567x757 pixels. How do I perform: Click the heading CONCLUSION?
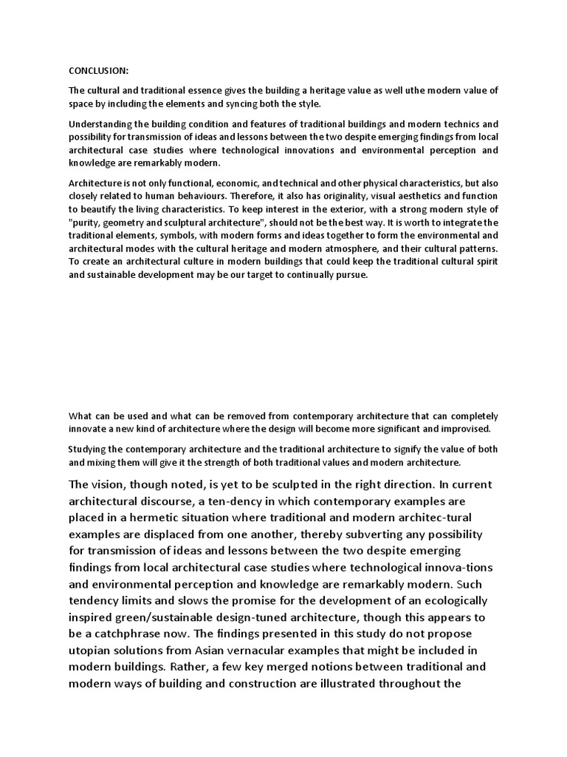pyautogui.click(x=98, y=71)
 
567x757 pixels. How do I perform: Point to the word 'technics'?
pyautogui.click(x=459, y=123)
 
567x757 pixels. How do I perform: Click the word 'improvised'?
pyautogui.click(x=463, y=430)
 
